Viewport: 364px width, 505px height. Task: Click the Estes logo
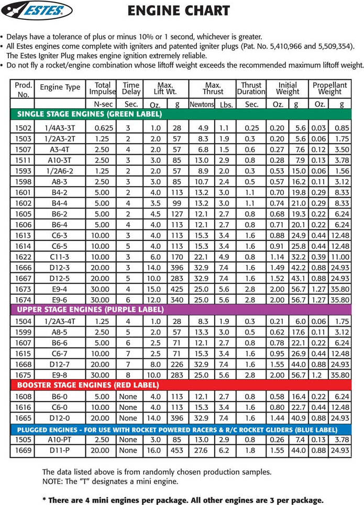pos(37,10)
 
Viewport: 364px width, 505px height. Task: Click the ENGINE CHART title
pos(179,10)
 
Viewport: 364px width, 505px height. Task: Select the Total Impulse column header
pos(103,88)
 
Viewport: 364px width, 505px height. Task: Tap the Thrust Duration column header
pos(251,88)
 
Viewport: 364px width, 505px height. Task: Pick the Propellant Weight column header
pos(329,88)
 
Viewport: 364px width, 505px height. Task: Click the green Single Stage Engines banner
pos(90,114)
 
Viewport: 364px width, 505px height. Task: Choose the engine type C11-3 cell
pos(60,257)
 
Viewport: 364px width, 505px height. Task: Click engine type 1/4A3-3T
pos(60,128)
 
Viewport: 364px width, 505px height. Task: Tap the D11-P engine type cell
pos(60,450)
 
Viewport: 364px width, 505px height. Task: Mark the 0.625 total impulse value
pos(103,128)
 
